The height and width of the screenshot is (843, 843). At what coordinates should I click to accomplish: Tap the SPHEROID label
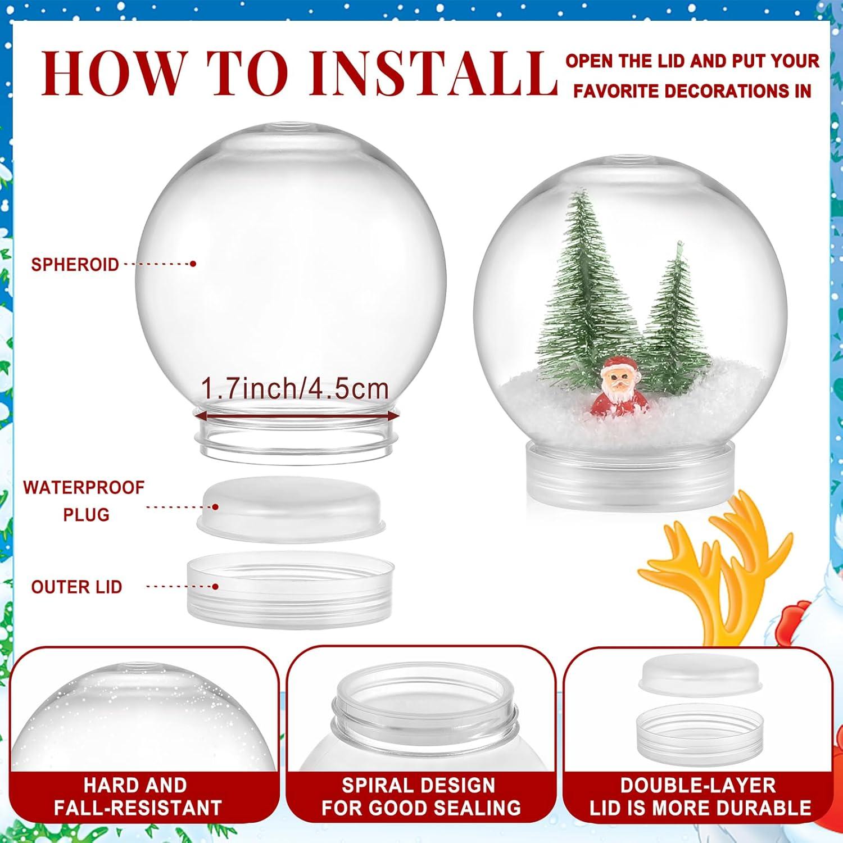75,264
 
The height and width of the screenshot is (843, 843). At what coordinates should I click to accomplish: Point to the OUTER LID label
76,587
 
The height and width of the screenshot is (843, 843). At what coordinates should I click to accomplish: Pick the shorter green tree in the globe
674,315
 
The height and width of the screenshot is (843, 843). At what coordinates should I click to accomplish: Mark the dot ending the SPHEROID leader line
193,264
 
